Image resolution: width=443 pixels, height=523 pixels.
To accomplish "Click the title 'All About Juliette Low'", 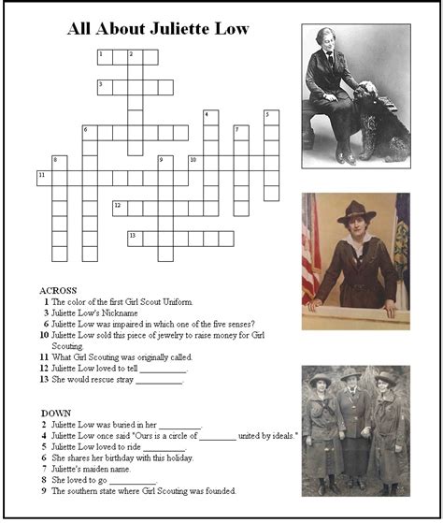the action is (x=158, y=29).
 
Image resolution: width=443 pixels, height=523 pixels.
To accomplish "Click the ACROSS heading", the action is (x=59, y=290).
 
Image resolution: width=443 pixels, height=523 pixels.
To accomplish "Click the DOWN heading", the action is (x=56, y=412).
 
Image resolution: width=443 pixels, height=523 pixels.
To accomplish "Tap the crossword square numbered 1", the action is (x=105, y=57).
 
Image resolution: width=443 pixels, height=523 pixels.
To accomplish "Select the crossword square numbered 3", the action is (x=105, y=87).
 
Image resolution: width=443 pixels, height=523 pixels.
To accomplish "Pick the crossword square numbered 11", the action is (x=45, y=178).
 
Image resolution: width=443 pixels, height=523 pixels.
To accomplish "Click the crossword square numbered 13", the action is (x=136, y=238).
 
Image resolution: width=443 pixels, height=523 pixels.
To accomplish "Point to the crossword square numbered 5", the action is (x=271, y=118).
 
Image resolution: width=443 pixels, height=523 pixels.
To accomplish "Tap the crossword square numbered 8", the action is (x=60, y=163).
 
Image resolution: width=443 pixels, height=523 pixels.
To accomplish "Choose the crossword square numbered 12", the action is (x=121, y=208).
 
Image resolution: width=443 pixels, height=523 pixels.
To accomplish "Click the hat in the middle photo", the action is (x=356, y=211).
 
